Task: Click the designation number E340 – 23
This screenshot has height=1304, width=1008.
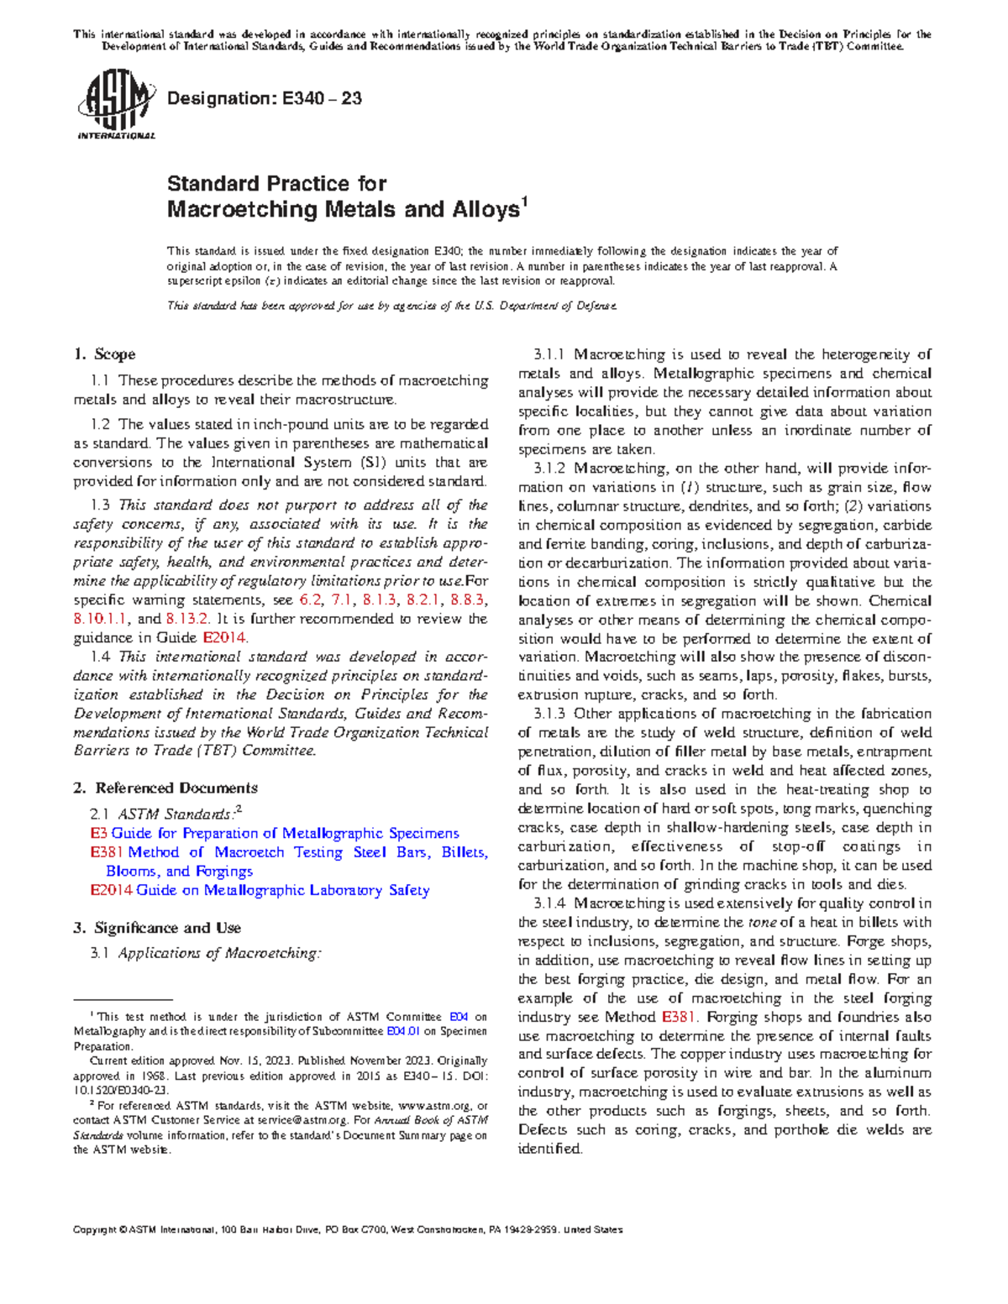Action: (322, 98)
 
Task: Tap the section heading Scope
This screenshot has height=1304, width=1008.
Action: (115, 354)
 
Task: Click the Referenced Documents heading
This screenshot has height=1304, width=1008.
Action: (176, 788)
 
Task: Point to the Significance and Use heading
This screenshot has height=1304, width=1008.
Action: (167, 928)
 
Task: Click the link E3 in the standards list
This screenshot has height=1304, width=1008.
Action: (98, 833)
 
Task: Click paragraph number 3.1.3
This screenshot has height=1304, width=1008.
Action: (549, 714)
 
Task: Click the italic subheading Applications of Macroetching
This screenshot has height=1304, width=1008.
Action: (219, 953)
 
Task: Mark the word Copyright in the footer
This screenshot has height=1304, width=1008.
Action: (96, 1229)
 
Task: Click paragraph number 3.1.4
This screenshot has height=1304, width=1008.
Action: (549, 903)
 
